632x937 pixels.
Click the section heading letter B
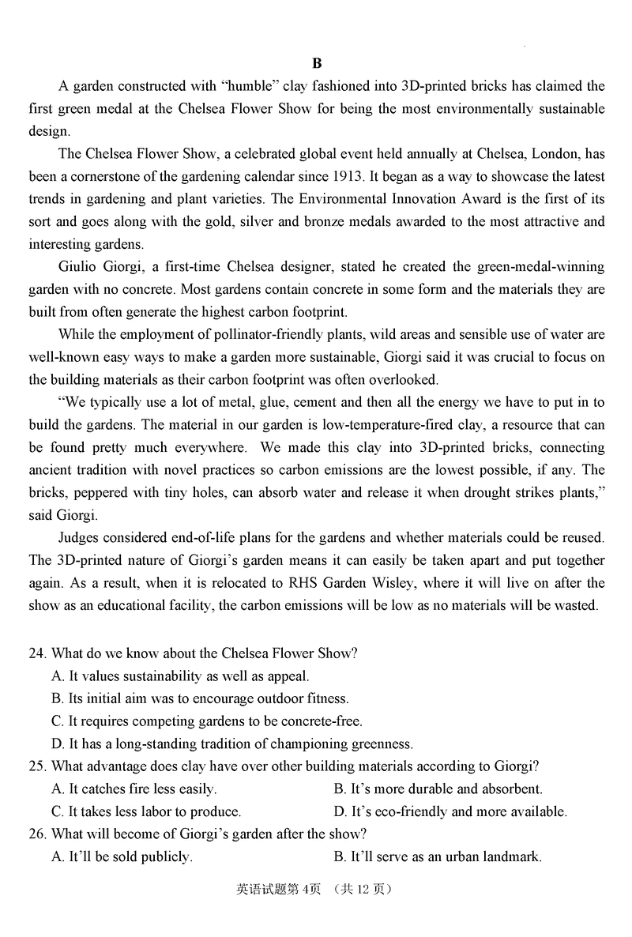pyautogui.click(x=317, y=64)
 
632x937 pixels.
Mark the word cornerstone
pyautogui.click(x=101, y=175)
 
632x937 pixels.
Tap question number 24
pyautogui.click(x=38, y=653)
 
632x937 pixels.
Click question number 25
pyautogui.click(x=38, y=766)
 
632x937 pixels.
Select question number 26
pyautogui.click(x=38, y=834)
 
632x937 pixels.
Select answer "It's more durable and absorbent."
pyautogui.click(x=438, y=788)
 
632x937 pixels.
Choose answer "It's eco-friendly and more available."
pyautogui.click(x=450, y=811)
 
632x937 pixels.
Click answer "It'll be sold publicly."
pyautogui.click(x=122, y=856)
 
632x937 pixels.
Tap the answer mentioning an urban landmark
pyautogui.click(x=438, y=856)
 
